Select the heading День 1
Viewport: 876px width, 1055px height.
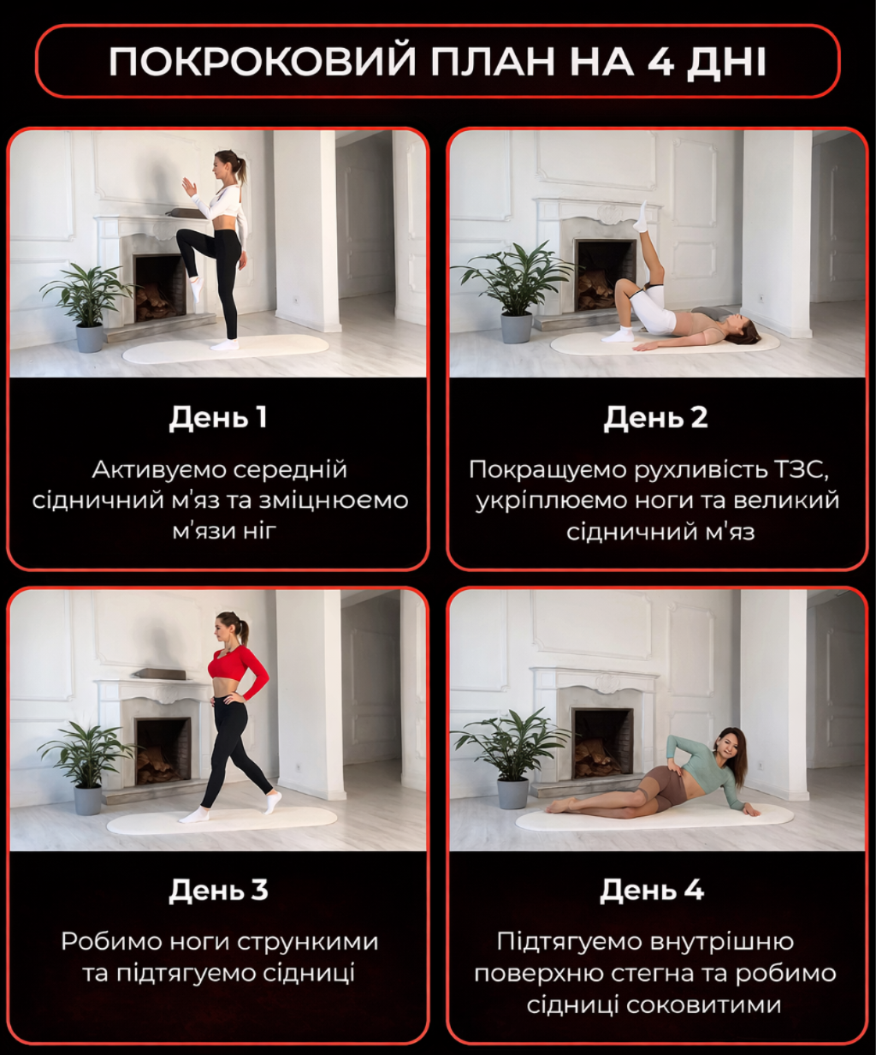coord(217,417)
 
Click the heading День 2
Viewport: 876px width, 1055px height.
coord(655,417)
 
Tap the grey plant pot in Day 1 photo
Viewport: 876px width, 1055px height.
coord(90,337)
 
